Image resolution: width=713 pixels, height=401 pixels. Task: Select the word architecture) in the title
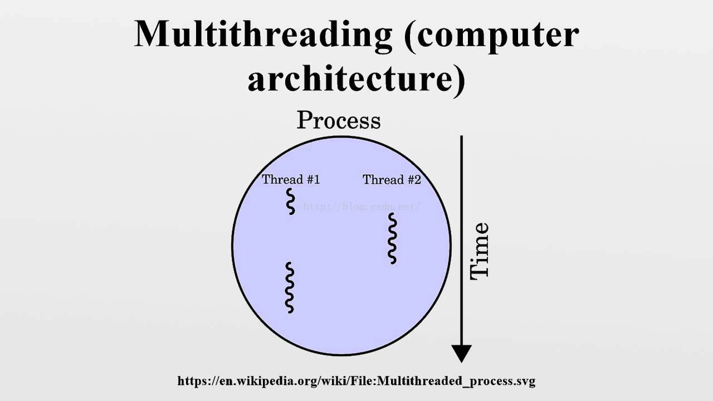coord(356,80)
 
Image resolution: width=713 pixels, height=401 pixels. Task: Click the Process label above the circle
coord(339,120)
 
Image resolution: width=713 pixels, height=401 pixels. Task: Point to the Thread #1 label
coord(291,179)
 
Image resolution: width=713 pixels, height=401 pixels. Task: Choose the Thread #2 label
coord(392,180)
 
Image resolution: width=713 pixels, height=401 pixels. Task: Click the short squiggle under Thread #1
coord(290,202)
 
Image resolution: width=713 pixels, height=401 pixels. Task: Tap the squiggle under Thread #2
coord(393,238)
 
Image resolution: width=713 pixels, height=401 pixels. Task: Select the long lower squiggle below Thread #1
coord(290,288)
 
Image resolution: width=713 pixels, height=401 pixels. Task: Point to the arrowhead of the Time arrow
coord(462,354)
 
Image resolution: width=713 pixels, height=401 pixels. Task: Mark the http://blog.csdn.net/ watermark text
coord(362,207)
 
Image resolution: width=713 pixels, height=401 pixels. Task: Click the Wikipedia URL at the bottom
coord(356,381)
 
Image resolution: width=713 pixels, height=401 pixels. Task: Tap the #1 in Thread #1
coord(313,179)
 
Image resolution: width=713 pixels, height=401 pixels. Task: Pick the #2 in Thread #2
coord(414,180)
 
